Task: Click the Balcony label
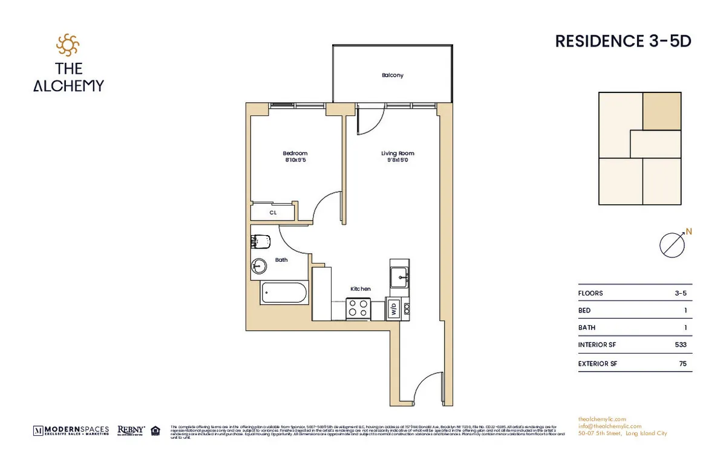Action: [392, 76]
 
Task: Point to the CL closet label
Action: [273, 213]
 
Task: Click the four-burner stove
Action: [358, 308]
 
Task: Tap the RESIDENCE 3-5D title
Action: [623, 41]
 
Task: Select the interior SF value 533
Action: [681, 344]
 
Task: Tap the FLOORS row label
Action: [590, 293]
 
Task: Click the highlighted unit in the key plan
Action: [662, 111]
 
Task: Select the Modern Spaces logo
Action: [71, 430]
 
